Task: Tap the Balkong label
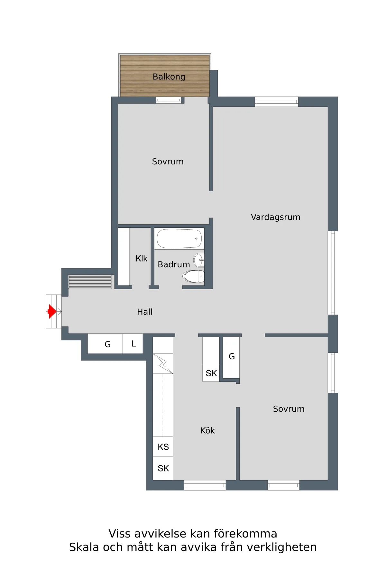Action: (169, 77)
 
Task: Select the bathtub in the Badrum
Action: (179, 238)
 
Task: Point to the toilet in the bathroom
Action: (194, 276)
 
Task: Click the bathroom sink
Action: (199, 260)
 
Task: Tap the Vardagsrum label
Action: (276, 217)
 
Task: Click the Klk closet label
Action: (141, 258)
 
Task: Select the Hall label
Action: (145, 312)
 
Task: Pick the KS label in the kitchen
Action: (163, 447)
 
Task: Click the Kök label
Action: (207, 430)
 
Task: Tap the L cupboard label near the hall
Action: (133, 344)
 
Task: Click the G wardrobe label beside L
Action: (108, 345)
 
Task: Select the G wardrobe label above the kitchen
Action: (232, 356)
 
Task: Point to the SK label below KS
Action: (163, 468)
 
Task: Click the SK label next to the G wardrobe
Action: (211, 373)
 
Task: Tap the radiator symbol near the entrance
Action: (90, 281)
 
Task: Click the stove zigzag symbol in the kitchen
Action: (163, 364)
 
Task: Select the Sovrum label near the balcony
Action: (168, 161)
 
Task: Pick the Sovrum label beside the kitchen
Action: (289, 409)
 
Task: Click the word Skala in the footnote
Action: (84, 547)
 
